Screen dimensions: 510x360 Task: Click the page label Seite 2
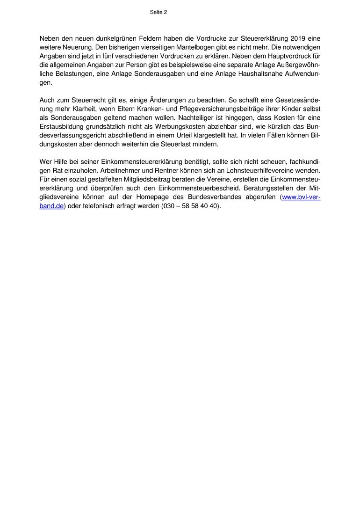coord(158,13)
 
